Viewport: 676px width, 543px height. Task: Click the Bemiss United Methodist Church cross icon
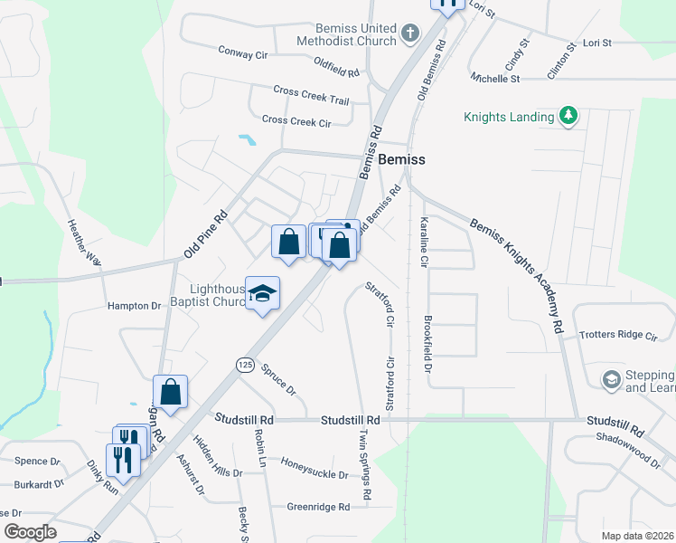tap(411, 34)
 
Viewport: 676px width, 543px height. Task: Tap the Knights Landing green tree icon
tap(568, 117)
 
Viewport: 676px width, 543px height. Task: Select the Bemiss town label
tap(401, 158)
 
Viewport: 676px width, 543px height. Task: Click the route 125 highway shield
tap(245, 364)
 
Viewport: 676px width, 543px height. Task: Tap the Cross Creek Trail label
tap(311, 94)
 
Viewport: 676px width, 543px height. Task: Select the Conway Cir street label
tap(243, 52)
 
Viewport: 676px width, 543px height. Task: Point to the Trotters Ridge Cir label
tap(618, 335)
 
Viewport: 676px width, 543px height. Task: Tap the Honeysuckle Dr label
tap(314, 473)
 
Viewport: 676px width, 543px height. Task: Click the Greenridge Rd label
tap(317, 507)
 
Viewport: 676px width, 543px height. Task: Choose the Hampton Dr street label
tap(134, 306)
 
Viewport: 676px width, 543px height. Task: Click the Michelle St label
tap(495, 79)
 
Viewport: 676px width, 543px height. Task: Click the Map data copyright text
tap(637, 536)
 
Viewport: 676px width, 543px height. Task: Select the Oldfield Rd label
tap(337, 65)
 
